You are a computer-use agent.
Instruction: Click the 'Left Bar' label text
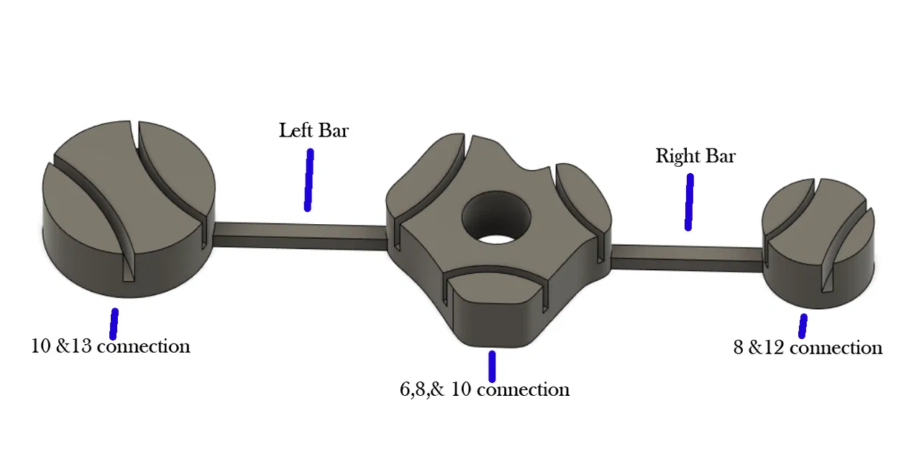314,131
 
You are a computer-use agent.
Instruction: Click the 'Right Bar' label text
695,156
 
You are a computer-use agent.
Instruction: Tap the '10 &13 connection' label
110,346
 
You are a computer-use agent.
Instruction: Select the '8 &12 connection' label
807,348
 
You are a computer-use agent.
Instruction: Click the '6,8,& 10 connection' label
484,389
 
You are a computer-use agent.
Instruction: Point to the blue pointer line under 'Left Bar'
309,180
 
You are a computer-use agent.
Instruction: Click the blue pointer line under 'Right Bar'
689,203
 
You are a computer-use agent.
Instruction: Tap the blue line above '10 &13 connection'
114,323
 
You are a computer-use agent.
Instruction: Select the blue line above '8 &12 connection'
802,325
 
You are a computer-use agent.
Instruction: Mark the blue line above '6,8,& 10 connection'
492,366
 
